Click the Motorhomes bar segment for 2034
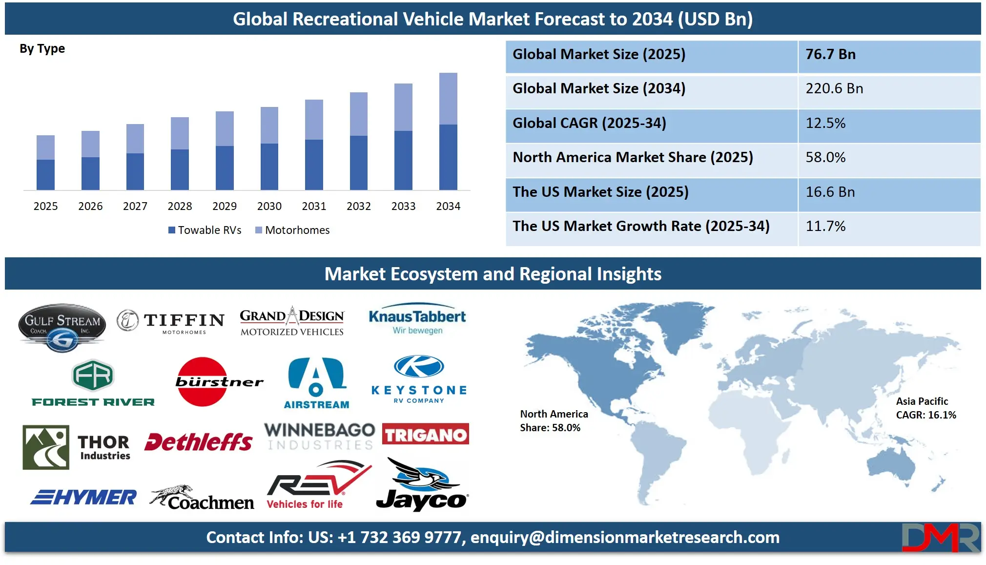click(x=448, y=99)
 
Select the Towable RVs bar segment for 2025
click(x=45, y=174)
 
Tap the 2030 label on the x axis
click(x=269, y=206)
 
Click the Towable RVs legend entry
click(x=205, y=230)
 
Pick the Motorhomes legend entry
click(x=292, y=230)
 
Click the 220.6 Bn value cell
click(x=834, y=88)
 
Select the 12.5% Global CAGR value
click(x=825, y=123)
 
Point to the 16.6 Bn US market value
click(x=830, y=192)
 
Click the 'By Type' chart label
click(x=42, y=49)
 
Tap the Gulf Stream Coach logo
click(x=62, y=327)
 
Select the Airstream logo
click(x=316, y=383)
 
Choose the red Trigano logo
click(x=425, y=434)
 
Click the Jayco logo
click(x=422, y=485)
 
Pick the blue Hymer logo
click(x=83, y=497)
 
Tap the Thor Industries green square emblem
click(x=46, y=447)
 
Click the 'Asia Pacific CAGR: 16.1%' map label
click(x=925, y=408)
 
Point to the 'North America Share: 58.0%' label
click(x=554, y=421)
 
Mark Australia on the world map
click(x=891, y=464)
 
